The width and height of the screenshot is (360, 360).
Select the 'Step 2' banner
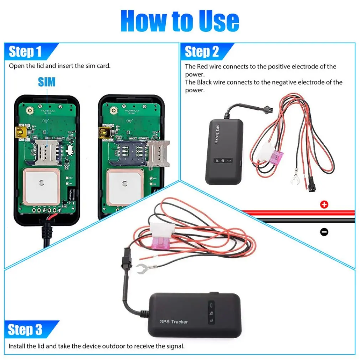202,52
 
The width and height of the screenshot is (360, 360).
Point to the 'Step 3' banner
25,330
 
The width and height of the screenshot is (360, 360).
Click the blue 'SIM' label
47,82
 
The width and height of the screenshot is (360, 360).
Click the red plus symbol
324,205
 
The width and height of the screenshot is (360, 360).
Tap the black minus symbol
324,232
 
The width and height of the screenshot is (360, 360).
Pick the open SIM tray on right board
158,153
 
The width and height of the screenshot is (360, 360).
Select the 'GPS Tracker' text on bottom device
173,322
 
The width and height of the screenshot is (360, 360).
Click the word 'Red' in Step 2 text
202,66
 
